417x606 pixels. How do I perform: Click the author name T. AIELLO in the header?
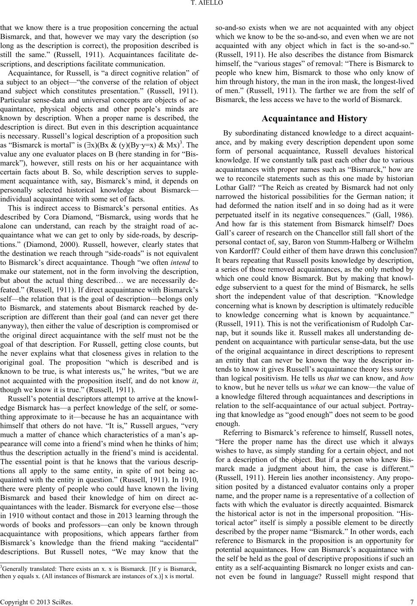[208, 5]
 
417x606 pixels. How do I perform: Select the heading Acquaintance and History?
[314, 118]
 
